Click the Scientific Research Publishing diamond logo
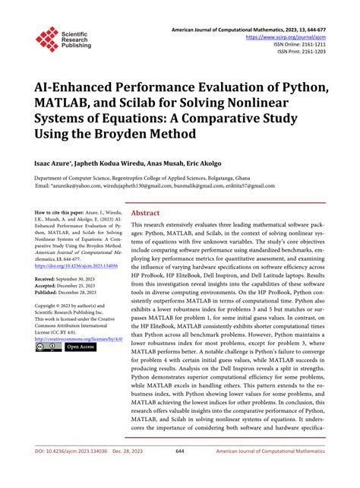tap(46, 40)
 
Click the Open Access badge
tap(81, 347)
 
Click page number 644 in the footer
tap(180, 472)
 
